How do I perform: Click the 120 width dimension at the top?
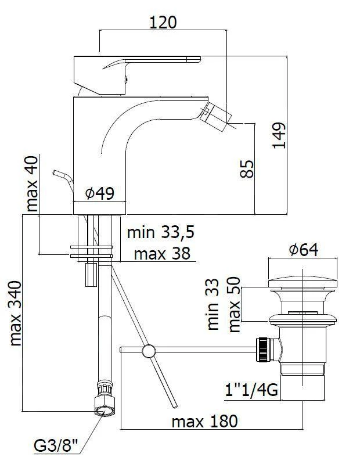click(163, 23)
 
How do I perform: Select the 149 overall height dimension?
click(279, 135)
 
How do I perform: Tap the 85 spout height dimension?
click(247, 169)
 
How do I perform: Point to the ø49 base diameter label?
click(100, 193)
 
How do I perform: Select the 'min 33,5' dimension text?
click(161, 232)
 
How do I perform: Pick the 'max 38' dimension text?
click(162, 253)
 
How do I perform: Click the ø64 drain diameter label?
click(303, 250)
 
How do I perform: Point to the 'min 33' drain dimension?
click(213, 304)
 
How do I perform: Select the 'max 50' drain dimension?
click(235, 304)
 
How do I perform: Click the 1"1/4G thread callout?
click(251, 390)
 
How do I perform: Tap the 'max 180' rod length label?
click(205, 422)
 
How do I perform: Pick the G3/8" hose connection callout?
click(56, 446)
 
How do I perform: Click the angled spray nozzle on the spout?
click(216, 116)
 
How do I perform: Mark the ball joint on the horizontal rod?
click(149, 351)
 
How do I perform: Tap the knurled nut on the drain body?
click(262, 350)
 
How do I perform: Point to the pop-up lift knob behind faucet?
click(63, 179)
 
